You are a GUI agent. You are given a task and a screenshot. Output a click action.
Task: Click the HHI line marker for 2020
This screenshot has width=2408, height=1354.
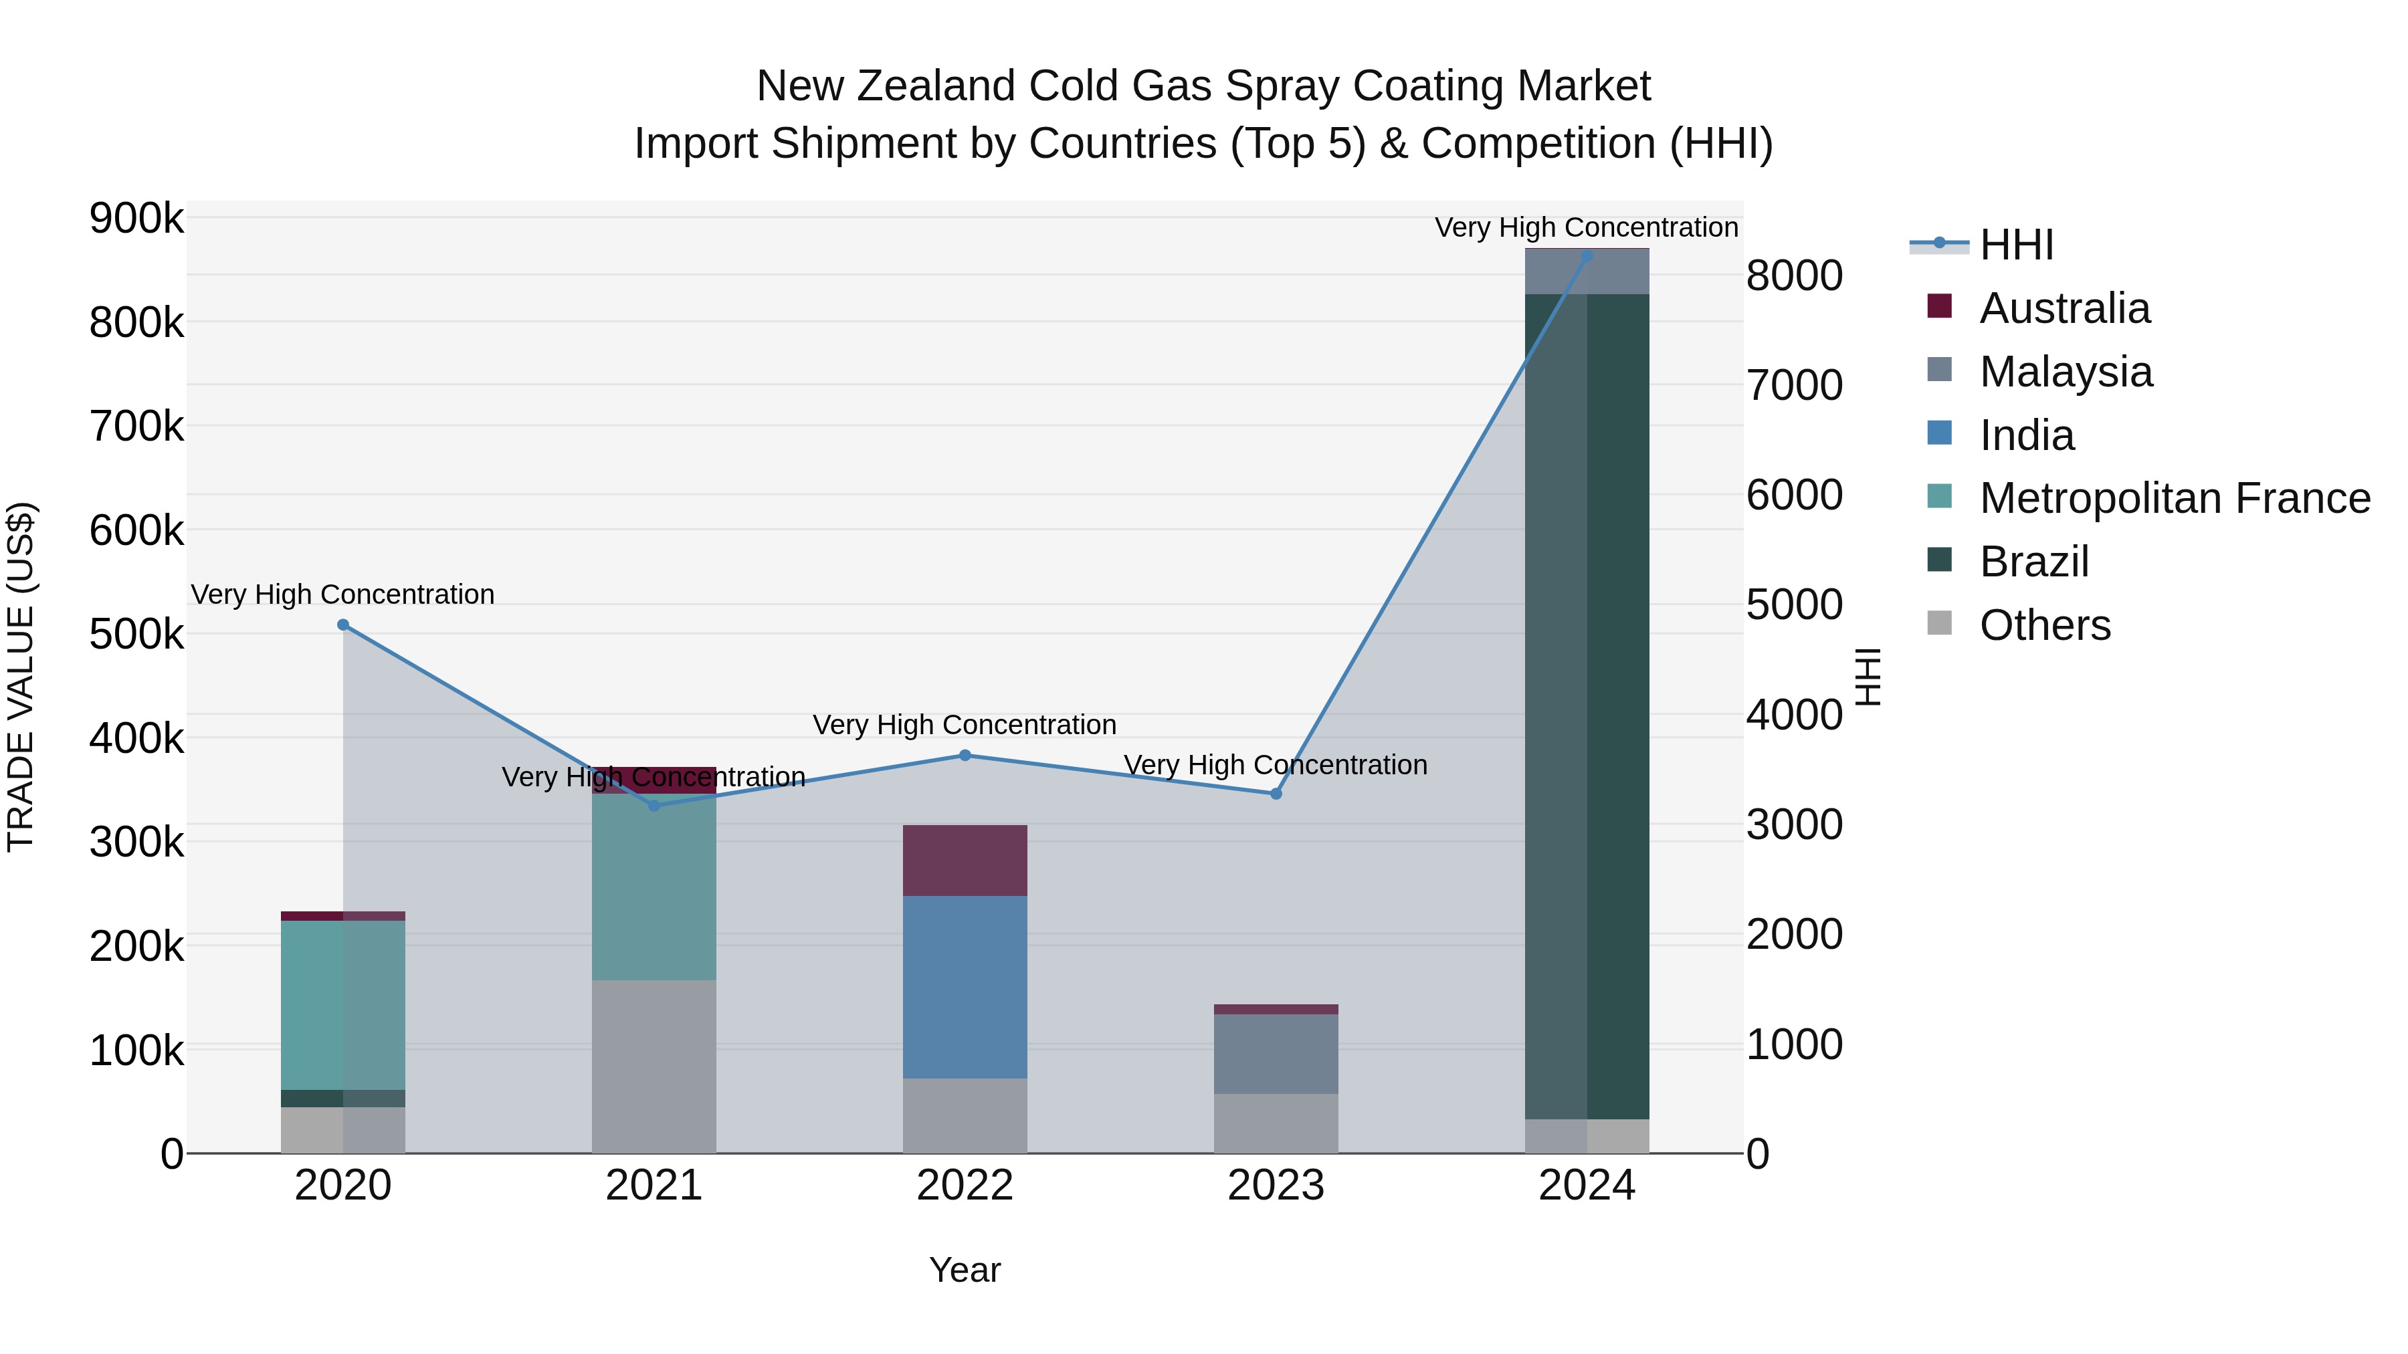point(343,625)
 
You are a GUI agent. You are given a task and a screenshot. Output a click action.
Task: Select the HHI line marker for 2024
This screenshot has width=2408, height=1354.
point(1587,255)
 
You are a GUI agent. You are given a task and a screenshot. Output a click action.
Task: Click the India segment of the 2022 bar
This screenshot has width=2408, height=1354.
point(965,987)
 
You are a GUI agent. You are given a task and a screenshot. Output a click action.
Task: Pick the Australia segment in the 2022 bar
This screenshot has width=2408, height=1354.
point(965,861)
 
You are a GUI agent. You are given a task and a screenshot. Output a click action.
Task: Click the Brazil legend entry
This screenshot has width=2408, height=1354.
point(2033,562)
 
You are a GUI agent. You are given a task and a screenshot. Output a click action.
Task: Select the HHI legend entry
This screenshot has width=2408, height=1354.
point(2015,245)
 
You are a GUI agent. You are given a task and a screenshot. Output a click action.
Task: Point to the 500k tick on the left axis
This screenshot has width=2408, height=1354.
point(136,635)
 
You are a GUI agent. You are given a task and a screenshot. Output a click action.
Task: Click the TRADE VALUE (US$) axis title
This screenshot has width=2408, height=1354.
point(21,677)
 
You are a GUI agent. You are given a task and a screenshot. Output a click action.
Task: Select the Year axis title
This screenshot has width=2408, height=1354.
point(965,1270)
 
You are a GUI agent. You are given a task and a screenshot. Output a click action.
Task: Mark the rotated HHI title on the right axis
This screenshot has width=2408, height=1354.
point(1867,677)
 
